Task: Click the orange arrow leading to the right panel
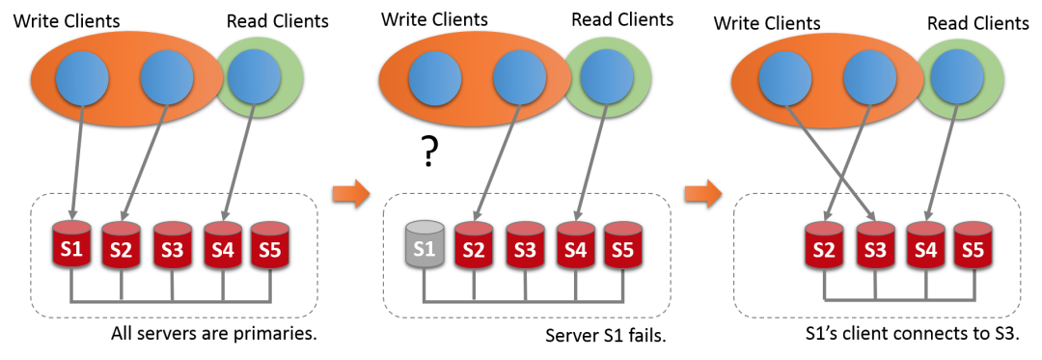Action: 702,193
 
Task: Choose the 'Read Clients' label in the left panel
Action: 278,20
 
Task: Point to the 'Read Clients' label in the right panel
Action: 978,24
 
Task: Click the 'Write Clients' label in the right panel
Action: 767,23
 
